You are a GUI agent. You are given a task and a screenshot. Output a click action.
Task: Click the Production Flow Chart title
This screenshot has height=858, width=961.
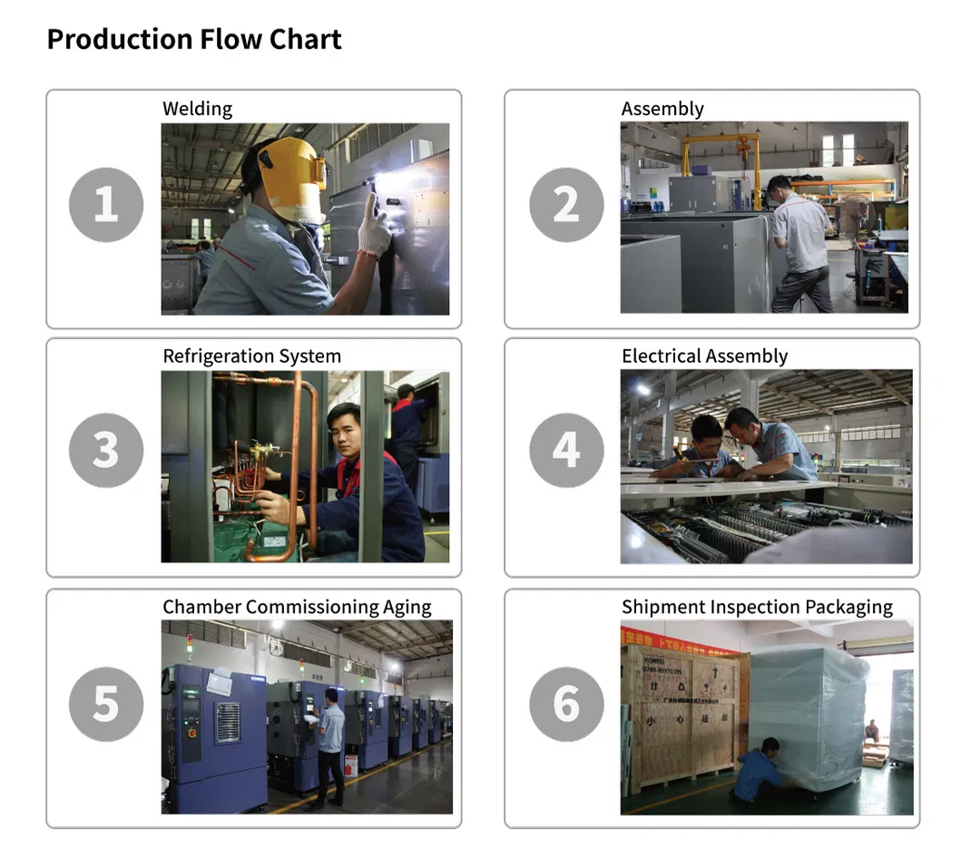(x=194, y=39)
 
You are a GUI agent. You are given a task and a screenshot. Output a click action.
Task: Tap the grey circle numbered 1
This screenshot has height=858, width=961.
(x=106, y=205)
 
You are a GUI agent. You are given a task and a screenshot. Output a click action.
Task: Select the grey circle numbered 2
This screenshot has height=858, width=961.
(x=566, y=205)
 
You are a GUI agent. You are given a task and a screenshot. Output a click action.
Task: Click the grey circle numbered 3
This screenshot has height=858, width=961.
(x=106, y=450)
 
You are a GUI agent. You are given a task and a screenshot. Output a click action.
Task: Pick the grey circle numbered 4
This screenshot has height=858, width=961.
(x=566, y=450)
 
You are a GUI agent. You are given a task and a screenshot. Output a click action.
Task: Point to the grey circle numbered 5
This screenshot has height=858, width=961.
(x=106, y=705)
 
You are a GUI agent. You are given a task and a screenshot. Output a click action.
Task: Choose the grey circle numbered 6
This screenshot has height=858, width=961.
(x=566, y=705)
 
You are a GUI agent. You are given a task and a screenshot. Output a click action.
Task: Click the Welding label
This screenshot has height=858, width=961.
(x=197, y=109)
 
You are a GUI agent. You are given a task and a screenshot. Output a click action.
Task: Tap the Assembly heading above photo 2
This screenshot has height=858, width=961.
(x=662, y=109)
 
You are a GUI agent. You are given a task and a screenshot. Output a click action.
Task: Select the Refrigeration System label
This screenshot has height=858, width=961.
(x=252, y=356)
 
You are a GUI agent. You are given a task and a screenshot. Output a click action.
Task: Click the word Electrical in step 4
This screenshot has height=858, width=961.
(x=662, y=356)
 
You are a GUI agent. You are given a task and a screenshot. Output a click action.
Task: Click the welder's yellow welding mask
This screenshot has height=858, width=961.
(x=291, y=178)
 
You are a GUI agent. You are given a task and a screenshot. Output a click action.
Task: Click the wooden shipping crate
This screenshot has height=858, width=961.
(x=685, y=717)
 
